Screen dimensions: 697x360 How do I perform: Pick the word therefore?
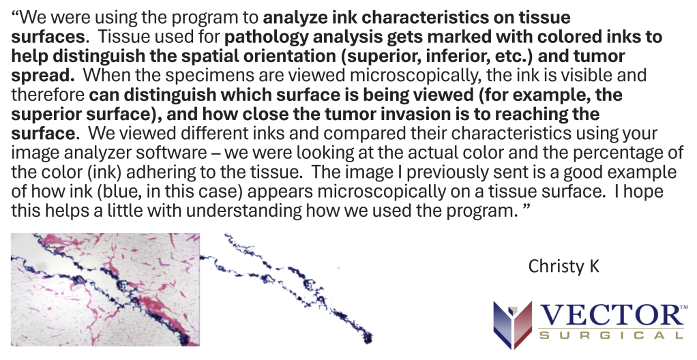48,95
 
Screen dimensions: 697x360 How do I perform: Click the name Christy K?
563,267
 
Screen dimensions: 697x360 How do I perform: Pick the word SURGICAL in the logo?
611,335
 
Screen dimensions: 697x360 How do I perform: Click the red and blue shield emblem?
513,324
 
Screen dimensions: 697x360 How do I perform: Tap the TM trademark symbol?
684,307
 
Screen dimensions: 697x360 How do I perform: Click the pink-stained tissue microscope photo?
105,289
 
